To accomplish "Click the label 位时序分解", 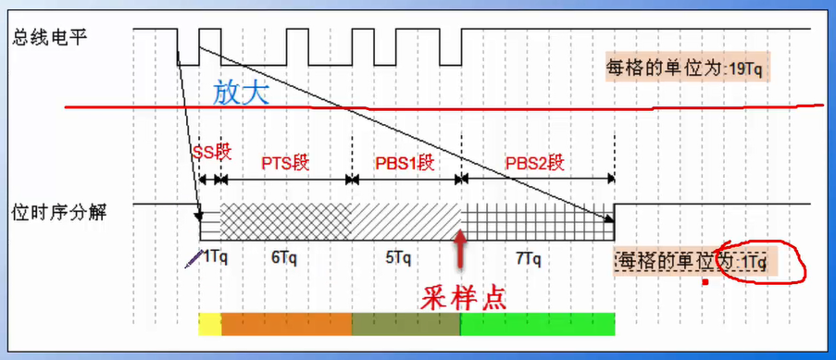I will coord(49,212).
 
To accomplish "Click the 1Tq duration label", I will coord(215,256).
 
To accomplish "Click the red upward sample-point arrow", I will coord(460,249).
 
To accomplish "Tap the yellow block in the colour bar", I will coord(210,324).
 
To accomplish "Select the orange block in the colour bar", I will coord(287,324).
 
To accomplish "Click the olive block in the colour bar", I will coord(406,324).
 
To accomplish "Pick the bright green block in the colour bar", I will coord(538,324).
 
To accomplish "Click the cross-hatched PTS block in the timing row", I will coord(284,223).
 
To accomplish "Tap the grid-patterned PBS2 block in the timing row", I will coord(537,223).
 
